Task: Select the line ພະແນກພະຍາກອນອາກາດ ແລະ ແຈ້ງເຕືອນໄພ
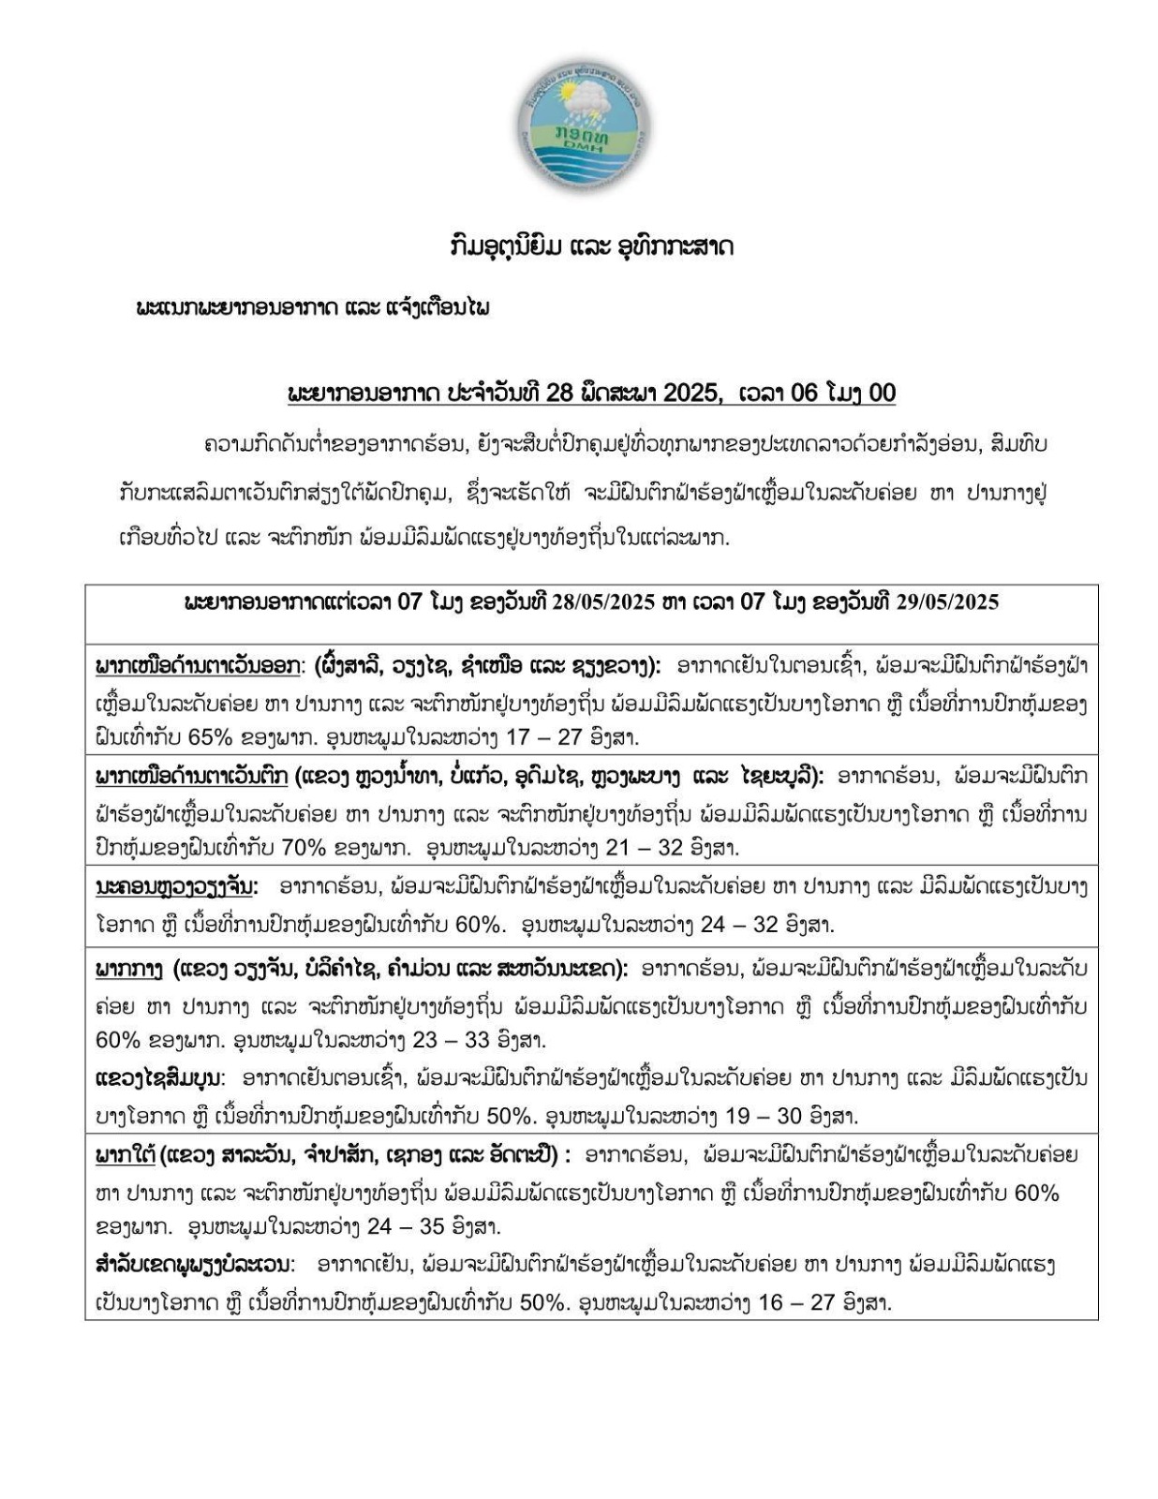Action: (313, 308)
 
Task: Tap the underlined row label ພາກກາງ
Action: (129, 967)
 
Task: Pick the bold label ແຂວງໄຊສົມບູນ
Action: (160, 1078)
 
